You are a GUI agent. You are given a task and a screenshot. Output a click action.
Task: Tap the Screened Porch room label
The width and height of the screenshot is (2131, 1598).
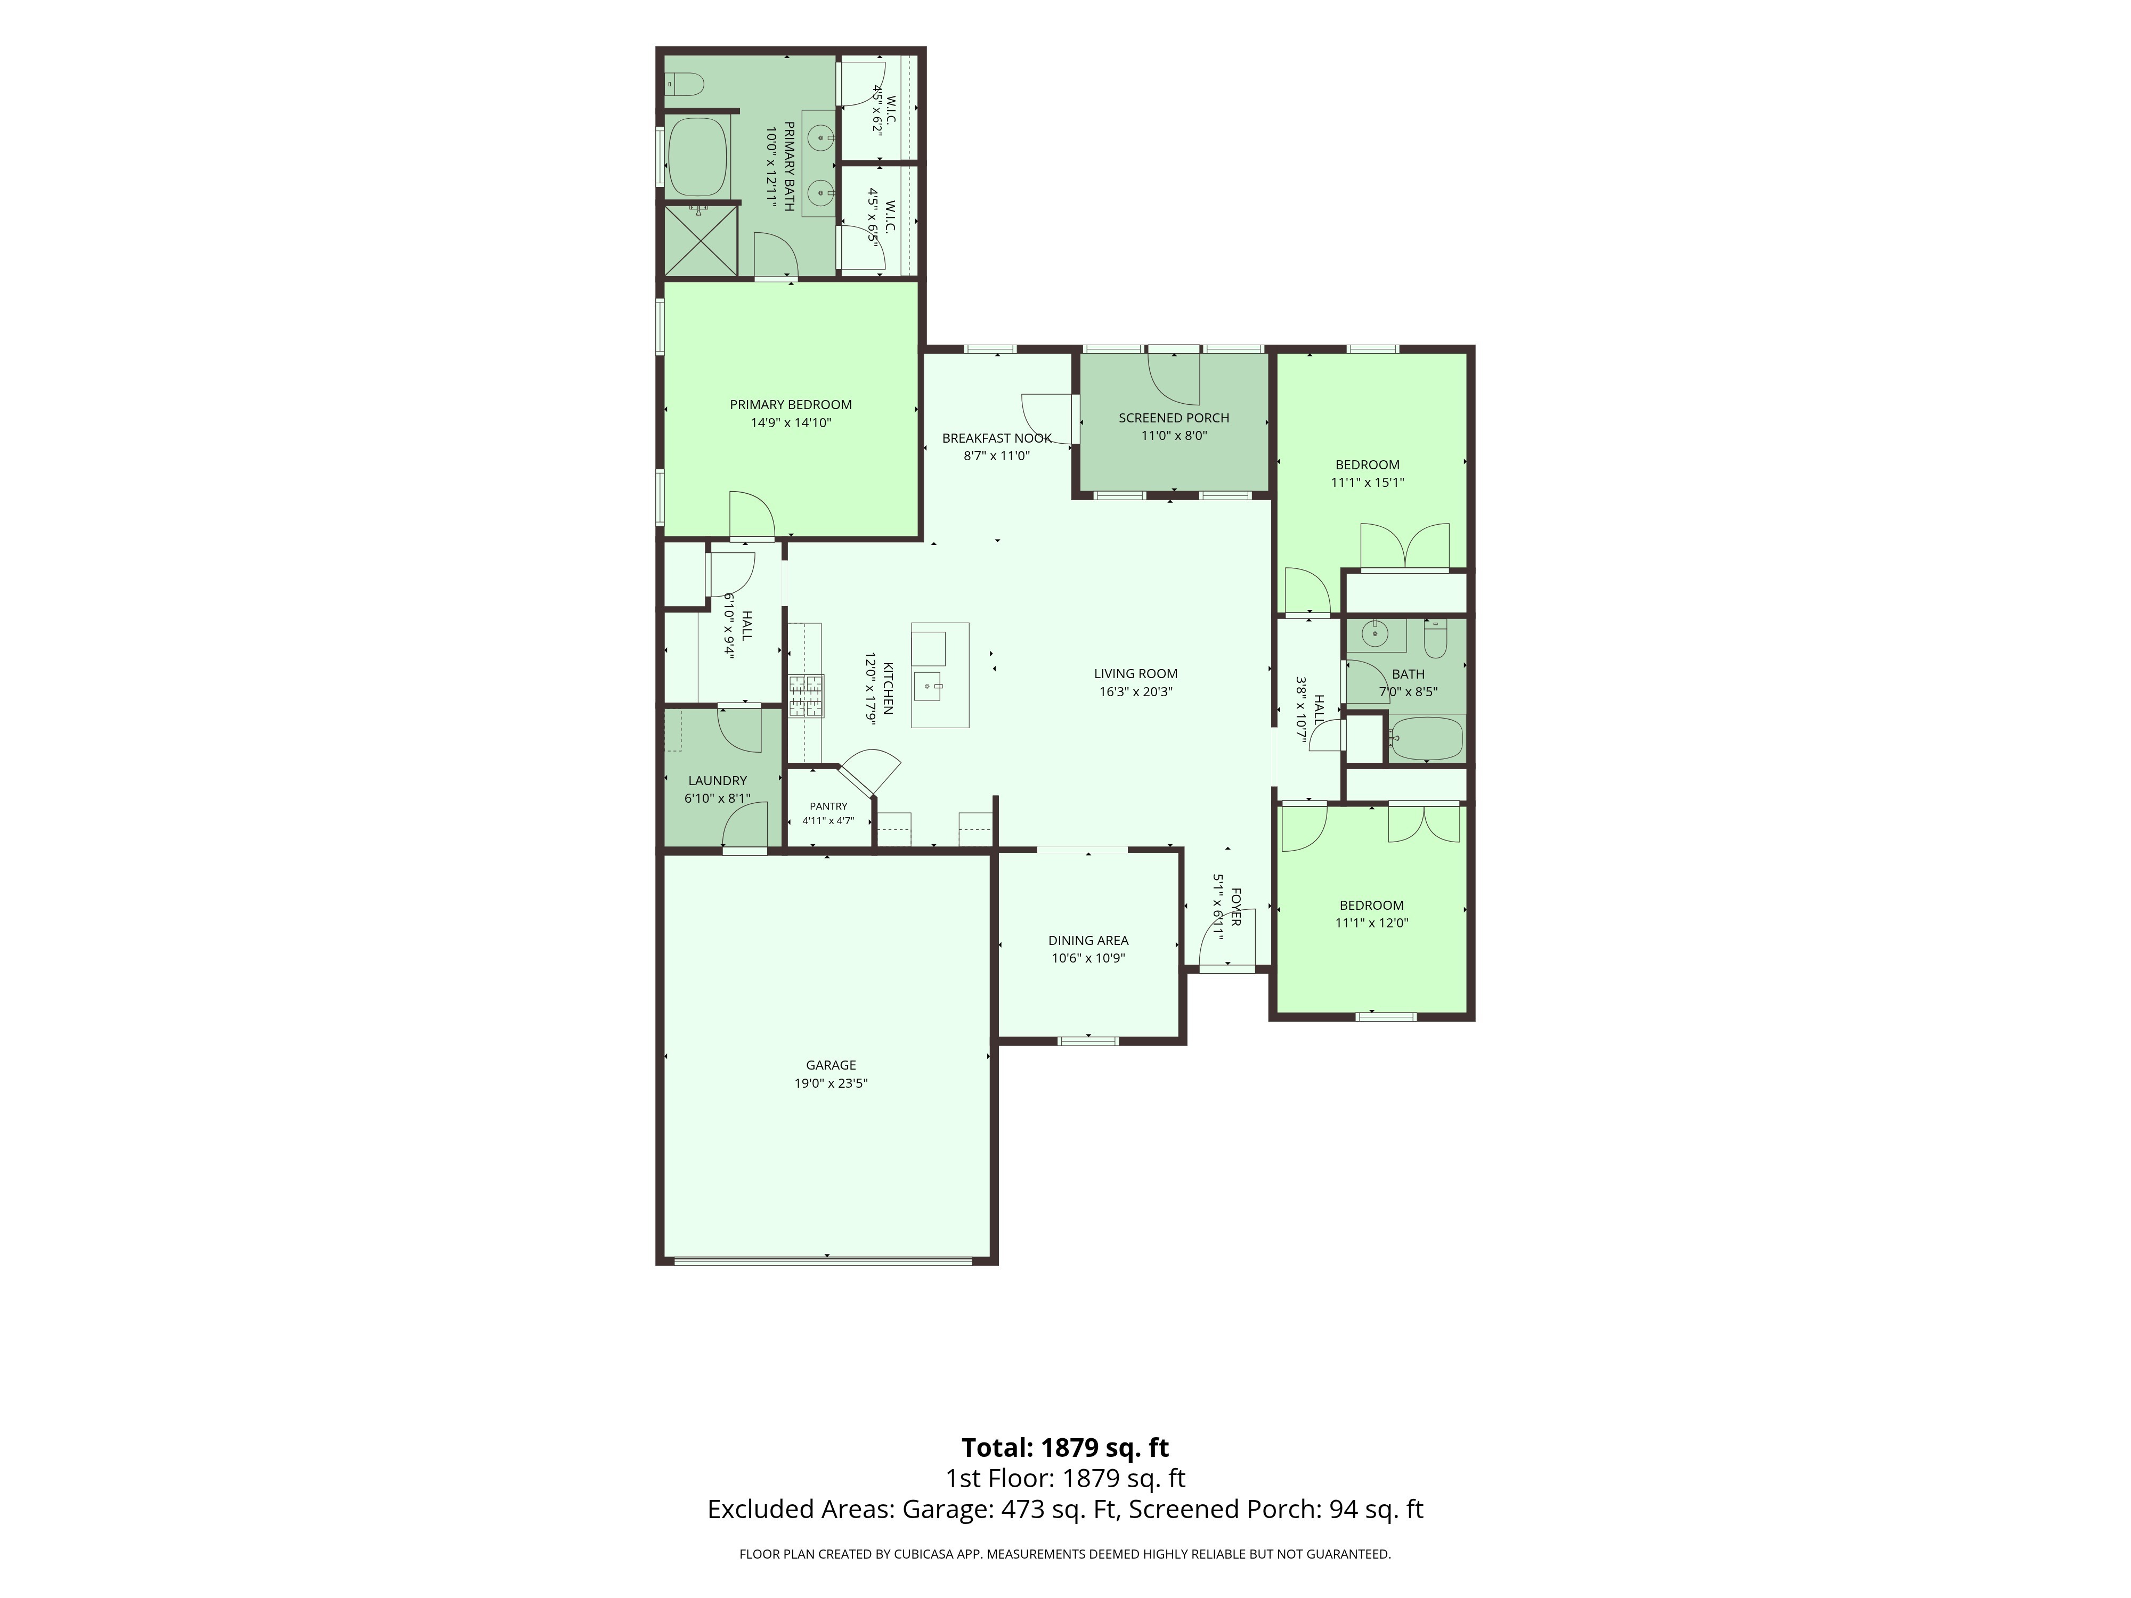1174,418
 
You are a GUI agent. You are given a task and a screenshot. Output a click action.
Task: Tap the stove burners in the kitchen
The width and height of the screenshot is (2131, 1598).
807,696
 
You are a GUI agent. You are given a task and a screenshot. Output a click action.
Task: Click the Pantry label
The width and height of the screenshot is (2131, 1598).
828,806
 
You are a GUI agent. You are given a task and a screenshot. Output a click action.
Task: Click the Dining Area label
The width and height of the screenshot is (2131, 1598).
1088,940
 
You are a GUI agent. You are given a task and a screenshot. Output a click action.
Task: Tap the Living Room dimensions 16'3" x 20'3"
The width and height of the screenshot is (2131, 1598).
1136,691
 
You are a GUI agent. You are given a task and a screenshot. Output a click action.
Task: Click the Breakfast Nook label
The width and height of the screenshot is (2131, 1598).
997,438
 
